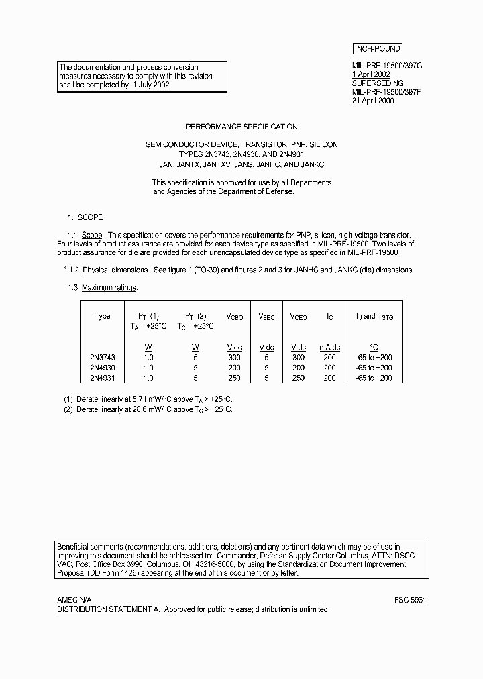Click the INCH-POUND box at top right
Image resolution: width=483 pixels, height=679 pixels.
click(377, 49)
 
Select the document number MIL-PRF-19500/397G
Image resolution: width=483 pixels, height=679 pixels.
click(387, 66)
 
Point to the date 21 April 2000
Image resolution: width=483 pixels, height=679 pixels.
click(373, 101)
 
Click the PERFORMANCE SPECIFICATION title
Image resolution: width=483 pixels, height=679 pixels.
click(241, 127)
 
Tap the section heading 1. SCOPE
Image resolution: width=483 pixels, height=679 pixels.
click(85, 218)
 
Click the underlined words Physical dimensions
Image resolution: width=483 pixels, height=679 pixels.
click(115, 270)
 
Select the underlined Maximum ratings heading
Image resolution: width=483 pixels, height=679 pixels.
click(109, 287)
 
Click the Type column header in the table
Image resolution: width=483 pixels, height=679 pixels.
click(103, 316)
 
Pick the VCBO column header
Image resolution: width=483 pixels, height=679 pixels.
click(235, 317)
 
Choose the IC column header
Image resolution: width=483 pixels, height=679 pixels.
click(329, 317)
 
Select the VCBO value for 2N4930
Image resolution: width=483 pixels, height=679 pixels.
click(235, 368)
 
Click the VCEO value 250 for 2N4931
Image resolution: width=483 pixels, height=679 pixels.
click(299, 378)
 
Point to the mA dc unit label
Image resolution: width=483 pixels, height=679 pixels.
click(329, 348)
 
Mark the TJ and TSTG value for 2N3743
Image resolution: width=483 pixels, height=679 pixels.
click(374, 358)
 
